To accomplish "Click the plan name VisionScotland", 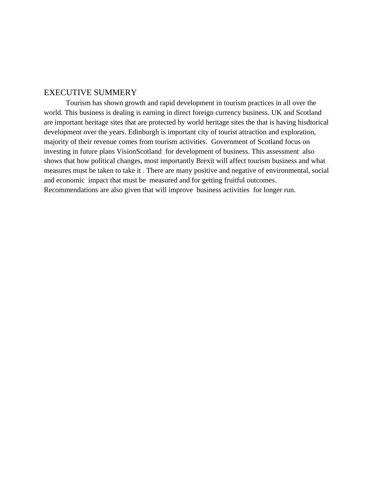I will [x=139, y=151].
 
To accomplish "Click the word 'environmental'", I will [x=287, y=171].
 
